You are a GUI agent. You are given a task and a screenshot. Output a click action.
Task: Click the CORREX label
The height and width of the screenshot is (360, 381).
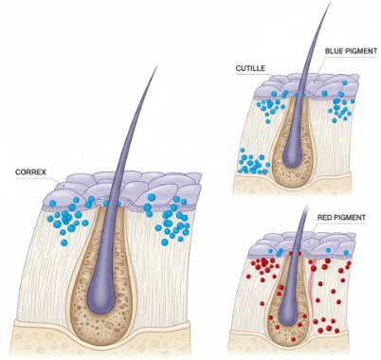click(x=31, y=172)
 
